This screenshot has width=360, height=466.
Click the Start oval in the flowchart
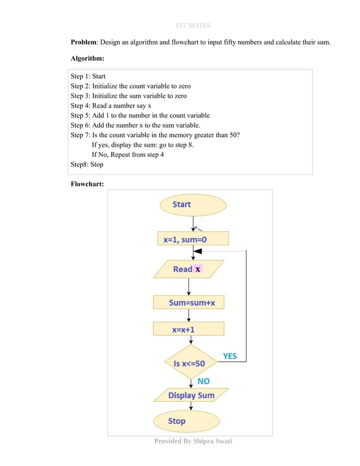[193, 205]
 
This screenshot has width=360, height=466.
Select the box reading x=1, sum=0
[193, 239]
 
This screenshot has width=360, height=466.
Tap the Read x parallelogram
[188, 269]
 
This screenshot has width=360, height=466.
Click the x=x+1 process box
[188, 329]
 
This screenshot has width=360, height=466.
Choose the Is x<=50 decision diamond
[191, 363]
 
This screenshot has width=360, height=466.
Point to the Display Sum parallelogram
[191, 395]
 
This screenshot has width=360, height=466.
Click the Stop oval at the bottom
[186, 421]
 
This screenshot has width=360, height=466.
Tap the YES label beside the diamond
[230, 356]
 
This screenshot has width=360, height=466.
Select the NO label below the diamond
[203, 381]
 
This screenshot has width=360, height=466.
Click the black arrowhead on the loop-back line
[199, 250]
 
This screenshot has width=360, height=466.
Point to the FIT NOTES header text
[193, 25]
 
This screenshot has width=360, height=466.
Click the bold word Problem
[83, 42]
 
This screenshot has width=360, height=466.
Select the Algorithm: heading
[87, 58]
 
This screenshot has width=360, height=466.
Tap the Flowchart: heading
[87, 183]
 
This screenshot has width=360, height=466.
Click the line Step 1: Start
[88, 76]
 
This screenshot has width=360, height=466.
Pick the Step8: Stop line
[87, 165]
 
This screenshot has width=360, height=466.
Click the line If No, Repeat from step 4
[128, 155]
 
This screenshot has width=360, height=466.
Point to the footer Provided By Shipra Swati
[193, 441]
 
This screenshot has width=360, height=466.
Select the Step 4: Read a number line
[111, 105]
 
